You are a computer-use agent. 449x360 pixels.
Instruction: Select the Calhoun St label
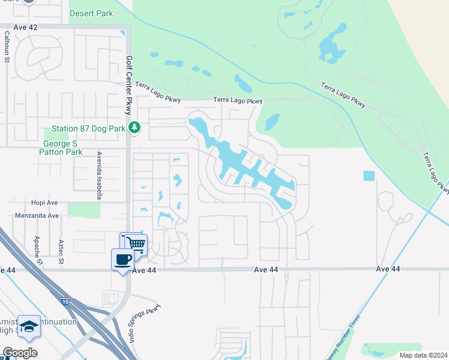(7, 48)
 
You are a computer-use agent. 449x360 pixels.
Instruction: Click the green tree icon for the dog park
(135, 127)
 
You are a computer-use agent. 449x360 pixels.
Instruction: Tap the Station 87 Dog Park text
(88, 128)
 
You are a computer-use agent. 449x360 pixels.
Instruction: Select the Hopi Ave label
(46, 203)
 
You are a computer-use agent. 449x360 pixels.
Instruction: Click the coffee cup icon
(123, 260)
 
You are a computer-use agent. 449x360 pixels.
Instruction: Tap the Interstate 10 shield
(65, 298)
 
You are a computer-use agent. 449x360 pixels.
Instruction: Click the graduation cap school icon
(29, 326)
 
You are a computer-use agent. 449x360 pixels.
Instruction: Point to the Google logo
(20, 353)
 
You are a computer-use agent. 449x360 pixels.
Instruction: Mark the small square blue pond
(369, 176)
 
